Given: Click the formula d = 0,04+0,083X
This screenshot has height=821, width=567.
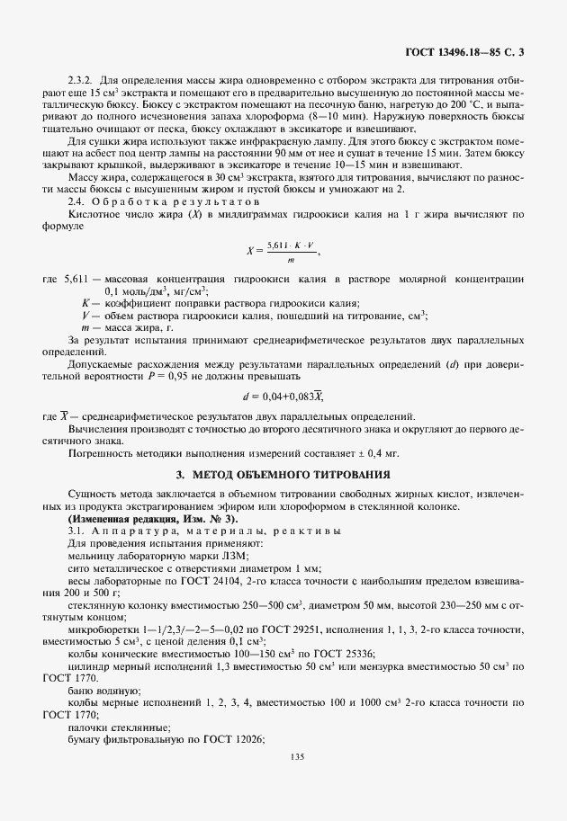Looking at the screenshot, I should (283, 396).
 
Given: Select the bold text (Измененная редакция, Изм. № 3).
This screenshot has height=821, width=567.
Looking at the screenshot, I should (152, 519).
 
